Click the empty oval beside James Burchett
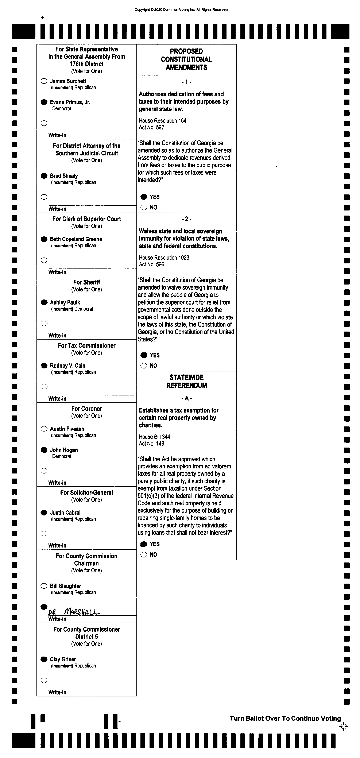pyautogui.click(x=44, y=81)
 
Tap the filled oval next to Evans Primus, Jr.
pyautogui.click(x=44, y=102)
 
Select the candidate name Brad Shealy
pyautogui.click(x=63, y=176)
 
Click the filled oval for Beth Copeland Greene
pyautogui.click(x=44, y=239)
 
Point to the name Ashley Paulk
pyautogui.click(x=65, y=302)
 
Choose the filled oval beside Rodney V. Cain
pyautogui.click(x=44, y=366)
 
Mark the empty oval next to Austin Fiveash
pyautogui.click(x=44, y=429)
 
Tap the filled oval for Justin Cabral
pyautogui.click(x=44, y=513)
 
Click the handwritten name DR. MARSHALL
pyautogui.click(x=74, y=612)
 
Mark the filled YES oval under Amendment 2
pyautogui.click(x=144, y=355)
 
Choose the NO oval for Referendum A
pyautogui.click(x=144, y=555)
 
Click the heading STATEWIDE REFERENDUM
pyautogui.click(x=186, y=381)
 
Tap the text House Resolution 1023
pyautogui.click(x=164, y=258)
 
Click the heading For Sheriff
pyautogui.click(x=86, y=282)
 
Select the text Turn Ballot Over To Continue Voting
pyautogui.click(x=285, y=719)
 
